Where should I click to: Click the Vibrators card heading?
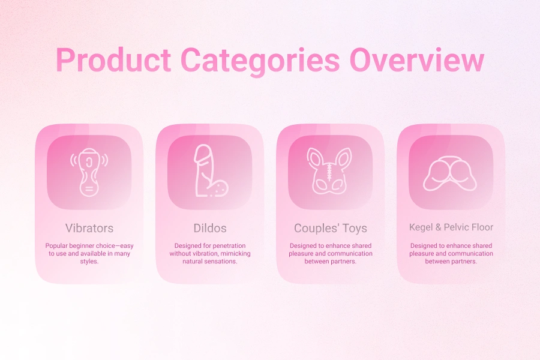pyautogui.click(x=89, y=228)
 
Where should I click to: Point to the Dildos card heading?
pyautogui.click(x=210, y=228)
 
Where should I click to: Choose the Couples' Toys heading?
pyautogui.click(x=331, y=228)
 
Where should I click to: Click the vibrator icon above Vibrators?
pyautogui.click(x=89, y=172)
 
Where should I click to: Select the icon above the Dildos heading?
pyautogui.click(x=210, y=172)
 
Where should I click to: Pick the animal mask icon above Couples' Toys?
pyautogui.click(x=331, y=172)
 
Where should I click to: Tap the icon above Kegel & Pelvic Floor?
pyautogui.click(x=451, y=172)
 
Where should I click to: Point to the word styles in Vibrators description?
pyautogui.click(x=89, y=261)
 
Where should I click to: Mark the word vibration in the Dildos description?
pyautogui.click(x=208, y=253)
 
